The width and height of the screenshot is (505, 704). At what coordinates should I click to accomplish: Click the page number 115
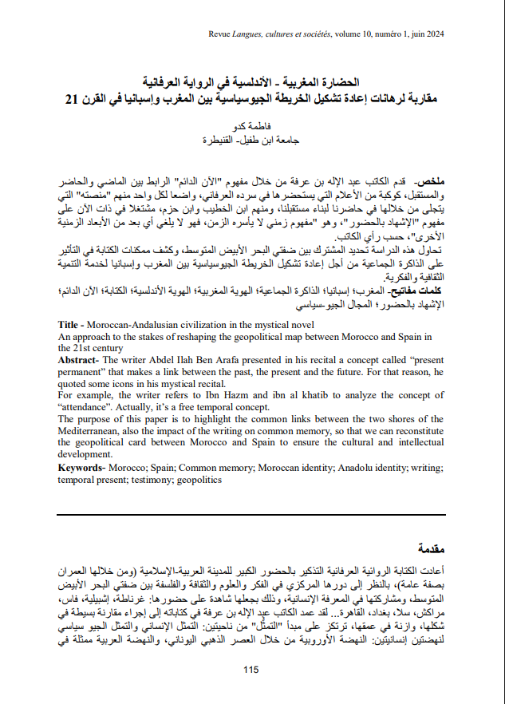(252, 670)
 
